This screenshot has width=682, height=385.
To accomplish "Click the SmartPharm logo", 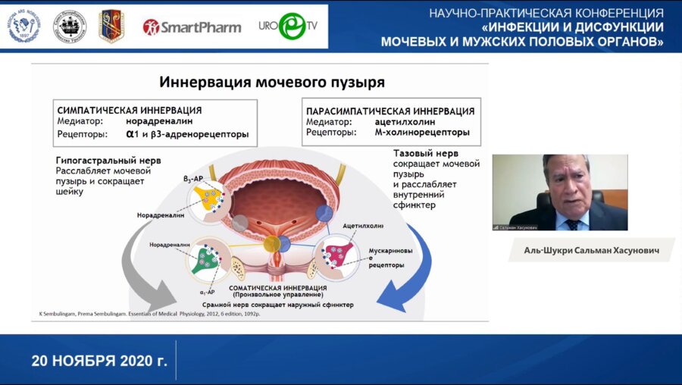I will click(192, 27).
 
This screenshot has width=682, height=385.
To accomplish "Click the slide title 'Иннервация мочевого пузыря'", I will click(260, 81).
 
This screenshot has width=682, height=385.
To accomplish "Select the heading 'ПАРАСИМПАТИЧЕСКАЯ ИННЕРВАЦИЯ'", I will click(389, 111).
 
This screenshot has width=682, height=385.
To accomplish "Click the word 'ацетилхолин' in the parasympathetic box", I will click(405, 121).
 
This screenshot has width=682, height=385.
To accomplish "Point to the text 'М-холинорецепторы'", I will click(422, 133).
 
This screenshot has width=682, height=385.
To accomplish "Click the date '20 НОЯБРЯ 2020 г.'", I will click(99, 360).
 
